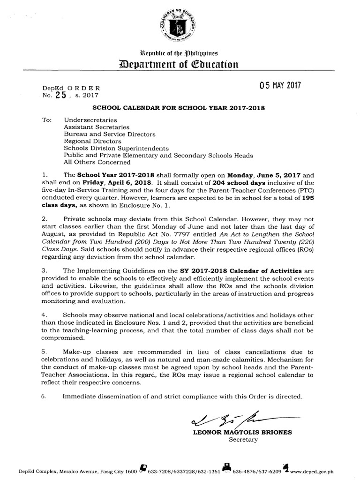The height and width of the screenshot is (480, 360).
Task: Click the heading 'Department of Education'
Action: (x=180, y=63)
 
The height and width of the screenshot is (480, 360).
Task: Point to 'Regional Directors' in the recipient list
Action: (x=92, y=141)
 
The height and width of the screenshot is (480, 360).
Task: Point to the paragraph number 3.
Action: (x=44, y=271)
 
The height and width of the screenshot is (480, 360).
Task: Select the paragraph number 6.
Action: (x=44, y=397)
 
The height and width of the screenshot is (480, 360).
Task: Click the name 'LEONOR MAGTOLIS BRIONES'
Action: (x=242, y=433)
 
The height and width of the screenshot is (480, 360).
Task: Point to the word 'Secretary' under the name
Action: (x=243, y=440)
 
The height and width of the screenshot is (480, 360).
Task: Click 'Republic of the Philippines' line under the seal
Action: (x=180, y=52)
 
